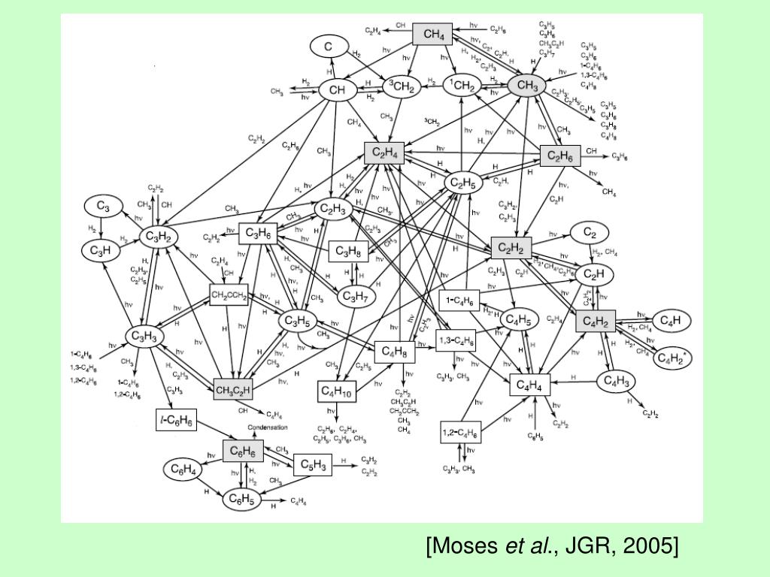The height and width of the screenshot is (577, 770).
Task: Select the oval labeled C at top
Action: [x=328, y=46]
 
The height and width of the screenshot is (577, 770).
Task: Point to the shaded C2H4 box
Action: [x=383, y=153]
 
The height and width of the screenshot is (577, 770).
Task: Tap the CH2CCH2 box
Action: [x=229, y=295]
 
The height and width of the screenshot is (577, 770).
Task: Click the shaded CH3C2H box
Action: [x=233, y=389]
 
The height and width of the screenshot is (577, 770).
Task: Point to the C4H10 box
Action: [x=336, y=391]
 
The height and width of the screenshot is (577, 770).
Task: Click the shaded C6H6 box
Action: [x=244, y=451]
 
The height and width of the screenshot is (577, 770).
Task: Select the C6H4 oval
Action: [x=183, y=470]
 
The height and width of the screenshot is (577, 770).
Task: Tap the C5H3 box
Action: [x=312, y=465]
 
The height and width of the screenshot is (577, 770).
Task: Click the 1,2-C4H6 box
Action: [x=460, y=434]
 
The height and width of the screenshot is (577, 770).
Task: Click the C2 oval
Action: [x=590, y=233]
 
